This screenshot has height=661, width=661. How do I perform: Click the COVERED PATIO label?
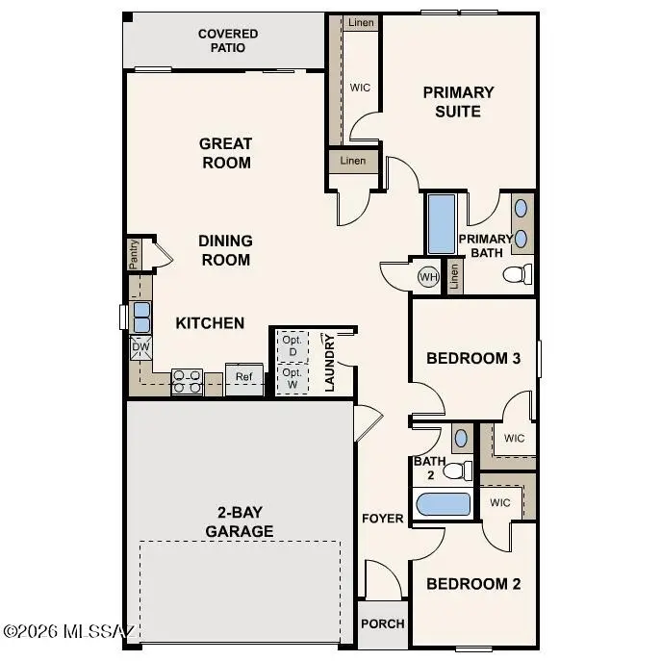(228, 40)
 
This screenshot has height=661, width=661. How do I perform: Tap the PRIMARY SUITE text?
(458, 102)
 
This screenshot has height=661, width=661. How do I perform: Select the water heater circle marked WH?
(428, 277)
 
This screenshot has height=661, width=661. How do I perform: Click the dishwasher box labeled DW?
(140, 347)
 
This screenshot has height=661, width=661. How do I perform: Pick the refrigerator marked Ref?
(244, 377)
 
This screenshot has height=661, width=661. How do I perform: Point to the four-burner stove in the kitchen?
(187, 382)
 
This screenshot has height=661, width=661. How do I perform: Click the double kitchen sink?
(141, 317)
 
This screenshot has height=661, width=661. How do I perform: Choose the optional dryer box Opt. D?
(292, 344)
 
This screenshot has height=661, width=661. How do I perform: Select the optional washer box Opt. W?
(292, 377)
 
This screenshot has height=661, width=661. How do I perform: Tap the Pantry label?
(135, 255)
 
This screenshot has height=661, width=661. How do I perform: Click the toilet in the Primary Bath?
(518, 275)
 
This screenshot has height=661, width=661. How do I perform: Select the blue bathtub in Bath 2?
(442, 505)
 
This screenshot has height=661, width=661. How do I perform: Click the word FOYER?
(382, 519)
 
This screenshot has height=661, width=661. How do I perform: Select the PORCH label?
(382, 623)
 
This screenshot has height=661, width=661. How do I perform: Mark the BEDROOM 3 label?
(473, 358)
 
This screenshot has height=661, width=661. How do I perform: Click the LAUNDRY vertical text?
(329, 364)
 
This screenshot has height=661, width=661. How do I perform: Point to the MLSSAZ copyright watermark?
(69, 631)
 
